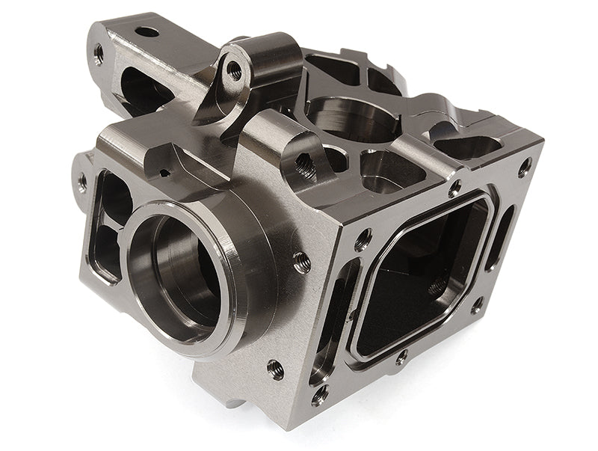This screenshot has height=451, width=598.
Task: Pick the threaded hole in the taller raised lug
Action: [235, 71]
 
